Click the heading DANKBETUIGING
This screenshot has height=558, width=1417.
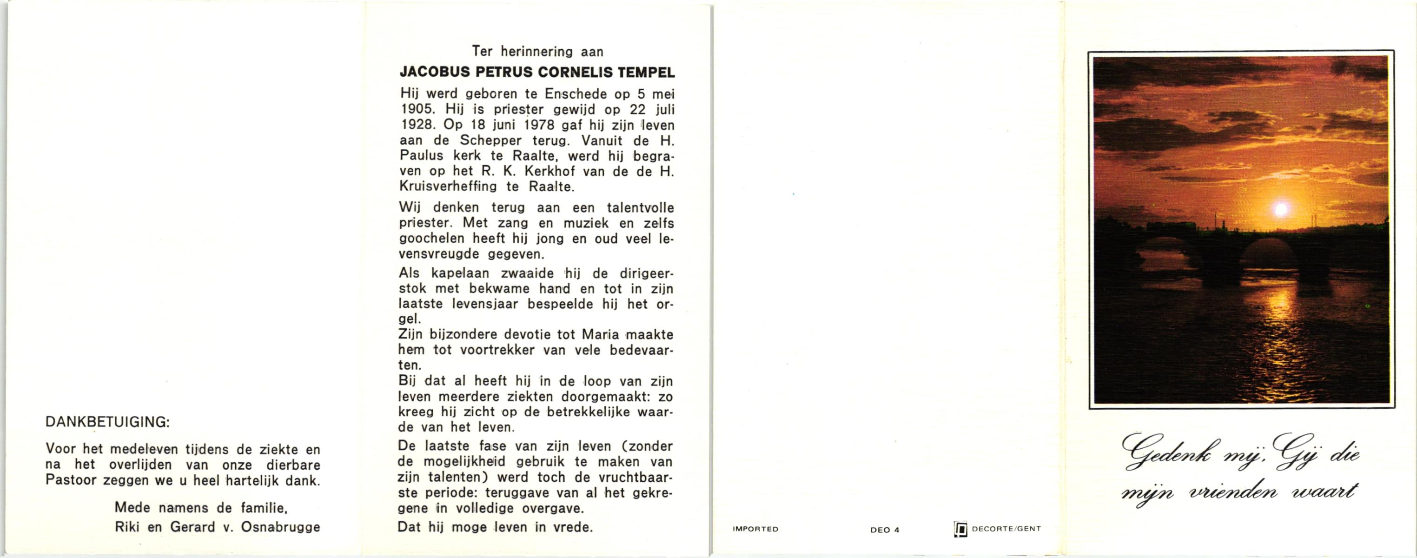tap(107, 422)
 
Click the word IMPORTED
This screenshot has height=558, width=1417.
tap(755, 529)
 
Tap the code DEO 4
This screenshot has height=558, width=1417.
tap(885, 530)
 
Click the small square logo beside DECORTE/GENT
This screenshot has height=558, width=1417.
tap(960, 529)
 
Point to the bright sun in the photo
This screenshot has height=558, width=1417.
tap(1281, 209)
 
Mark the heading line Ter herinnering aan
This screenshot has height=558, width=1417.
tap(537, 52)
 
